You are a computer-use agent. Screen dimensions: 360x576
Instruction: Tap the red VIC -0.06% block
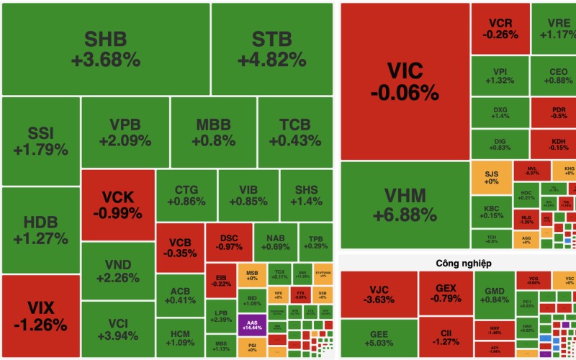(404, 81)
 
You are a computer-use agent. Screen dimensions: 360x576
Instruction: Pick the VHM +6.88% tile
(404, 204)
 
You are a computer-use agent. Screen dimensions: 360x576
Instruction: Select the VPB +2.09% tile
(125, 132)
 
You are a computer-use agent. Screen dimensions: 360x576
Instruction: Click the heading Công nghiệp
(458, 264)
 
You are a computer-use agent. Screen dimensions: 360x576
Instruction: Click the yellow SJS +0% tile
(491, 178)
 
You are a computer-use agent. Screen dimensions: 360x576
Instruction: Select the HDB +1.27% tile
(40, 230)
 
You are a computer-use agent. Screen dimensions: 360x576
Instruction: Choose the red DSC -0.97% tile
(229, 242)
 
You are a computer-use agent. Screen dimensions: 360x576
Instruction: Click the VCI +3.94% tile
(117, 330)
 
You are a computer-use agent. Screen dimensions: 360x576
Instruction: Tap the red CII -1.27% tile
(444, 338)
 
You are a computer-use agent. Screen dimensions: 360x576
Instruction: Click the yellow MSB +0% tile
(252, 276)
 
